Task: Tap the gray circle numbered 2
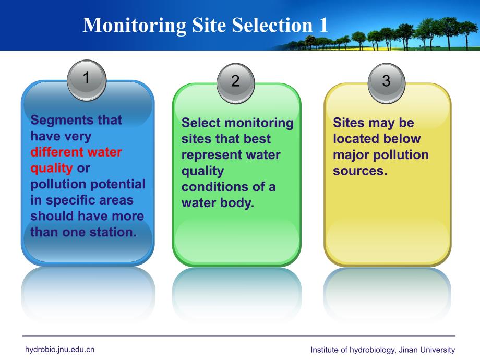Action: (235, 81)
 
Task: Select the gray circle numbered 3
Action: (386, 81)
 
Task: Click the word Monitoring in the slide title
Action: (134, 25)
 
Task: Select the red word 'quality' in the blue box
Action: (52, 169)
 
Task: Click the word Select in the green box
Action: (201, 123)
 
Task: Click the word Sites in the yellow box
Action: (349, 123)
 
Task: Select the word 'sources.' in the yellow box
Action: (361, 171)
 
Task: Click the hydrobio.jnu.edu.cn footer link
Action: (59, 350)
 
